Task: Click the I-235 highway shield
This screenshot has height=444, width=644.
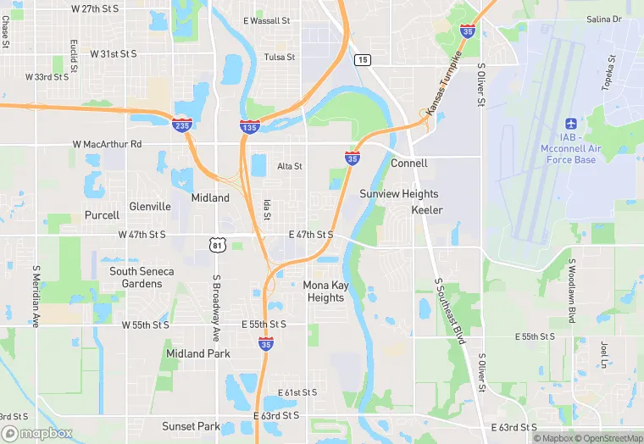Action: [x=182, y=124]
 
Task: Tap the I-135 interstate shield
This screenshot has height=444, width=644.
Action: [x=249, y=126]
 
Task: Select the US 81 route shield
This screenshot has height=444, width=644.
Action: [x=219, y=245]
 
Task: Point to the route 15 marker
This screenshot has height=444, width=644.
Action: [x=363, y=59]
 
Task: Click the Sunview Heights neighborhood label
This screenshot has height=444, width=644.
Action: [x=398, y=194]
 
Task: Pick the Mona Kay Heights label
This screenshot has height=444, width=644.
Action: [x=325, y=291]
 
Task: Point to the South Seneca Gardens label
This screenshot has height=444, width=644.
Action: [x=142, y=277]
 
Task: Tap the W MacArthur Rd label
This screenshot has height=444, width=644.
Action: [x=107, y=144]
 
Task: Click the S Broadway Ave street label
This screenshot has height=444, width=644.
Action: [x=216, y=301]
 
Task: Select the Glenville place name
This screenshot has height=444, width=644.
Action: [x=150, y=207]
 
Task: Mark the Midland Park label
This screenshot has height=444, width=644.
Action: [x=197, y=353]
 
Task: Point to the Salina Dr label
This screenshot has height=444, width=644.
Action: [x=603, y=19]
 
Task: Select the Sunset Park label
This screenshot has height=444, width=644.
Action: [x=192, y=426]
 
